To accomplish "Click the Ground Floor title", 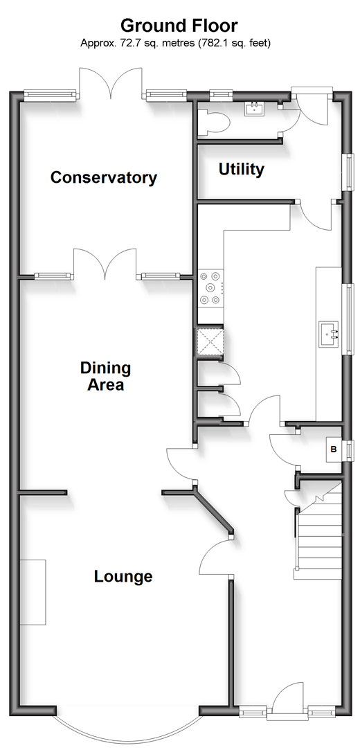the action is (x=179, y=25).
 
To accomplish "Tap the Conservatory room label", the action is (x=104, y=177).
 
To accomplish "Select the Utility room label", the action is (x=242, y=170).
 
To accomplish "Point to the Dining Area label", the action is (x=105, y=376).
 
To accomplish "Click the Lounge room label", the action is (x=123, y=576).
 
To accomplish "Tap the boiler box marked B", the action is (x=334, y=449).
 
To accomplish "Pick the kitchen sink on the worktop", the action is (x=329, y=333).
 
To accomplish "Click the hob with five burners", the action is (x=211, y=288).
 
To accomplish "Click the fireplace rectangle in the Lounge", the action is (x=33, y=591).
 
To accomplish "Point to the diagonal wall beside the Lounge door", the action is (x=214, y=510).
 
